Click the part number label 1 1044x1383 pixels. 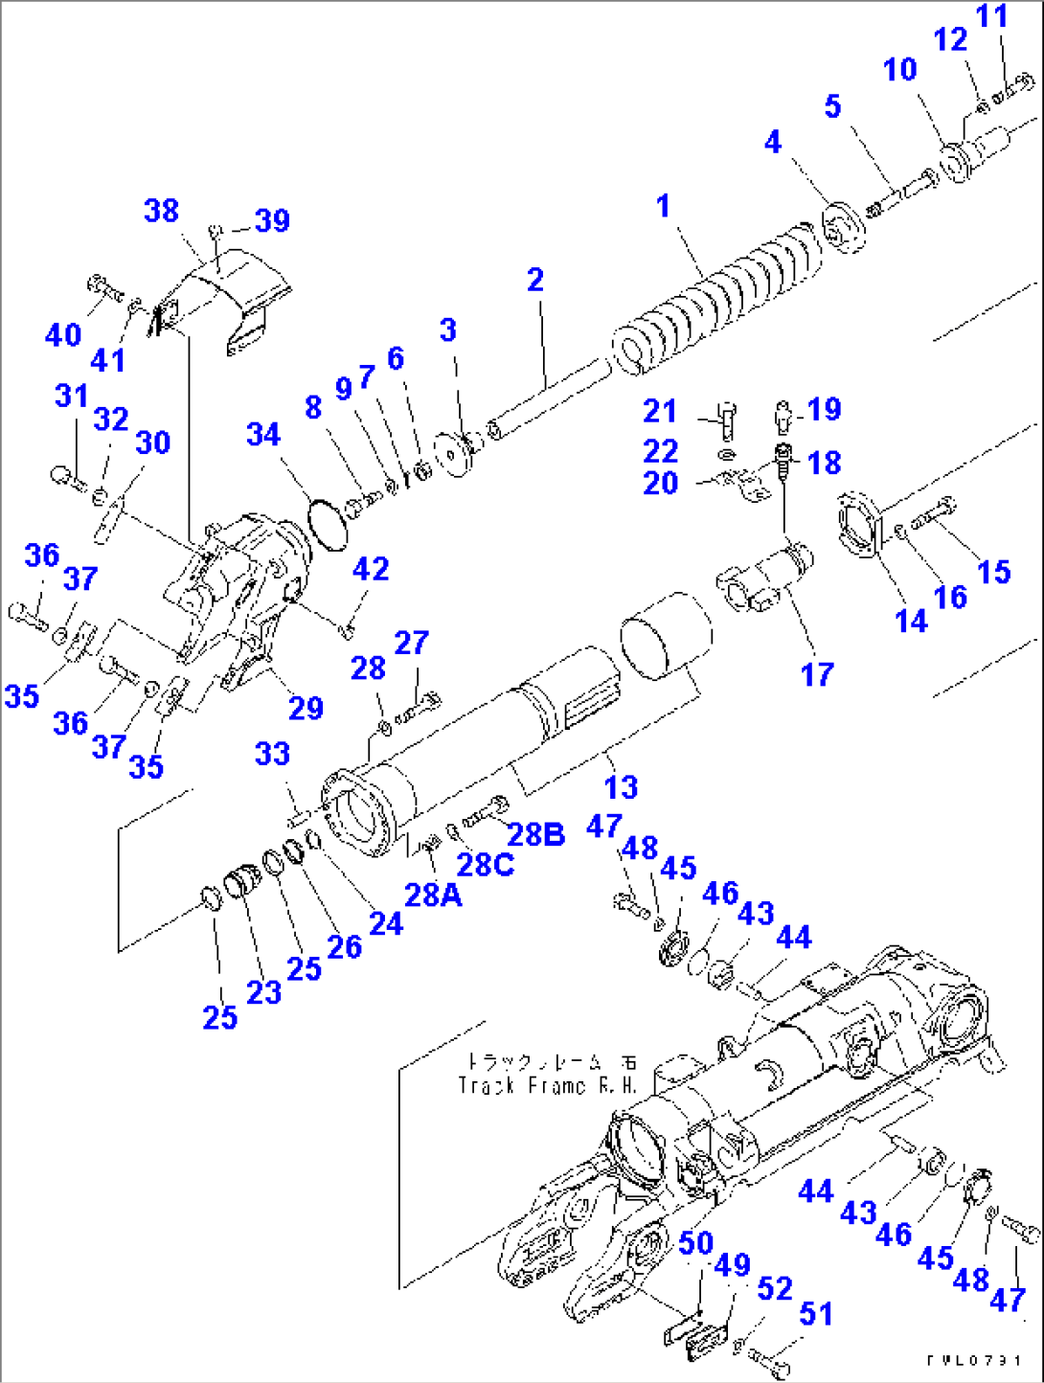663,206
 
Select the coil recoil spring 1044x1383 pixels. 718,297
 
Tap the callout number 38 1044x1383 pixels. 161,211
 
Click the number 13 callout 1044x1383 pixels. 621,787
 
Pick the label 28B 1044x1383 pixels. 535,834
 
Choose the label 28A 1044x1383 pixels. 433,895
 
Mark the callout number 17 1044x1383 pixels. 817,674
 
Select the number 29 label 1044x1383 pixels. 306,708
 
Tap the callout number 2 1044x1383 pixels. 535,279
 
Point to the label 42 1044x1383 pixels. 371,569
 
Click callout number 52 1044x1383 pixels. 775,1289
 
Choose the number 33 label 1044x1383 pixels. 272,754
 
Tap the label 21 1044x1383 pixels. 660,411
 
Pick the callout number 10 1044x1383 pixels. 899,69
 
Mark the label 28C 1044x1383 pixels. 485,864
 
